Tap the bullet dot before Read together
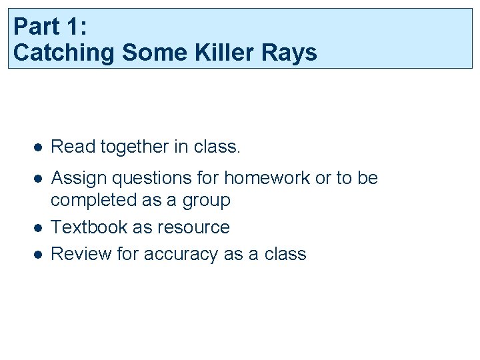click(39, 147)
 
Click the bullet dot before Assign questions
click(39, 179)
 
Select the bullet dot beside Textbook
click(39, 228)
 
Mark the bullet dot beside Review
click(39, 255)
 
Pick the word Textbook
click(89, 227)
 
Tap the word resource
click(193, 228)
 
